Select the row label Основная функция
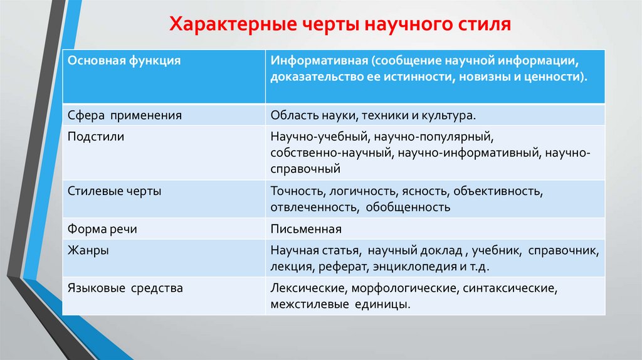pos(124,61)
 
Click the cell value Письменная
pos(306,229)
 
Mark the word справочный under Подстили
pos(306,169)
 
